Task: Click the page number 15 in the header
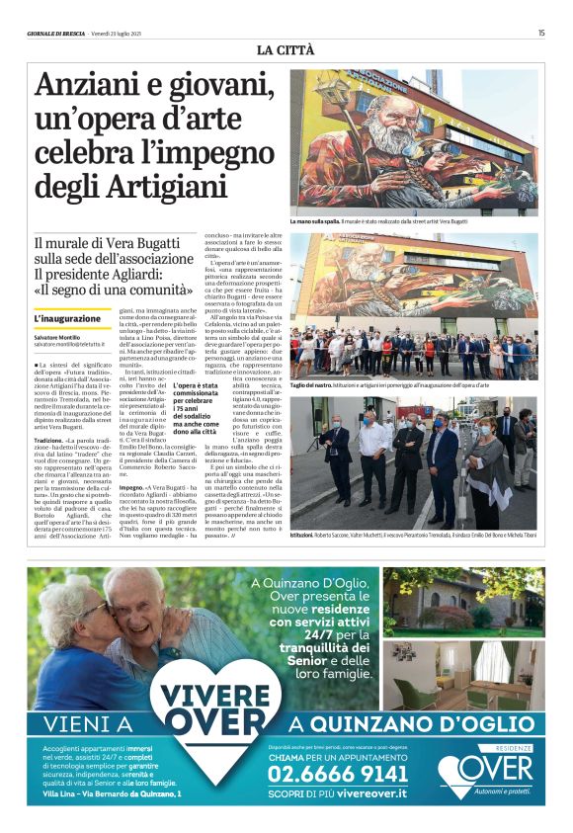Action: [x=541, y=33]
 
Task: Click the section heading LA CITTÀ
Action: [x=286, y=49]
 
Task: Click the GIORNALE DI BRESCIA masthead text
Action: [x=58, y=33]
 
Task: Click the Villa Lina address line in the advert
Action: [x=105, y=795]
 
